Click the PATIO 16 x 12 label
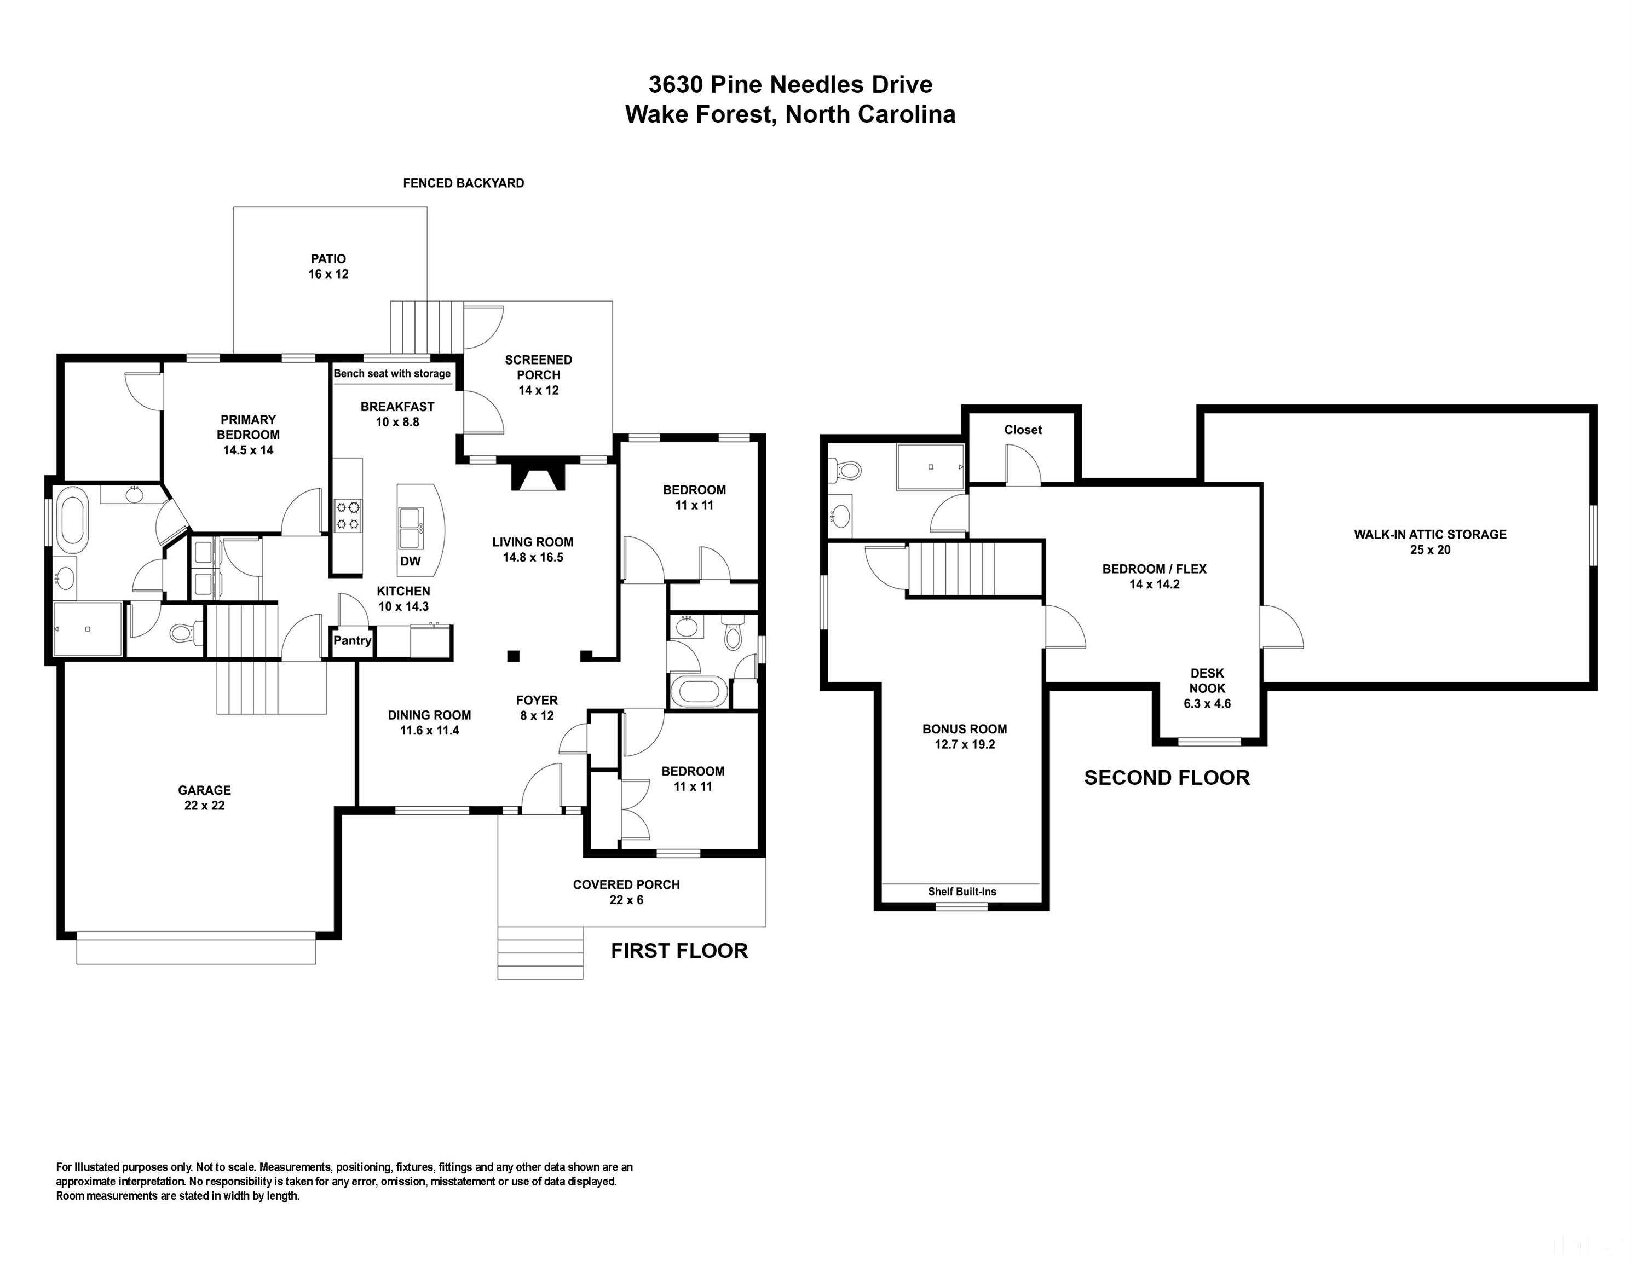pyautogui.click(x=328, y=267)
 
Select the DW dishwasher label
pyautogui.click(x=410, y=561)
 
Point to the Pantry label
pyautogui.click(x=352, y=640)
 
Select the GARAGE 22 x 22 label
pyautogui.click(x=204, y=797)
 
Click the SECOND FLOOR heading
pyautogui.click(x=1167, y=778)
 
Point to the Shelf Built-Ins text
pyautogui.click(x=962, y=891)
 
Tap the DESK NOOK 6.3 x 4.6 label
pyautogui.click(x=1207, y=688)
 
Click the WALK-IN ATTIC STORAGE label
pyautogui.click(x=1429, y=542)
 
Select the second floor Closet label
pyautogui.click(x=1022, y=430)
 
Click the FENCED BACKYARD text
pyautogui.click(x=463, y=183)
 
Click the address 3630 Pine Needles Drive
pyautogui.click(x=790, y=84)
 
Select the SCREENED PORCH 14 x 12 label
pyautogui.click(x=538, y=375)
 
